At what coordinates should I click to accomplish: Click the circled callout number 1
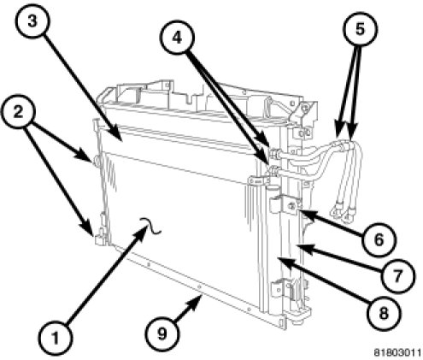click(x=56, y=339)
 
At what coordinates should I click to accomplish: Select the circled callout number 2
click(x=18, y=112)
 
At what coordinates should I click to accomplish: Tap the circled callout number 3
click(x=32, y=21)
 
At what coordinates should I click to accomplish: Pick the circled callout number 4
click(x=177, y=38)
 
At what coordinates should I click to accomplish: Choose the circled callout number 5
click(x=360, y=28)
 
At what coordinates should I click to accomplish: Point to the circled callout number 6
click(x=379, y=239)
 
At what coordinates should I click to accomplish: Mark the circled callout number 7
click(x=397, y=275)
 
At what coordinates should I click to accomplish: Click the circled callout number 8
click(x=384, y=313)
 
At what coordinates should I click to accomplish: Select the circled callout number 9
click(x=162, y=333)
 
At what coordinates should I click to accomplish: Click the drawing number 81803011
click(x=397, y=352)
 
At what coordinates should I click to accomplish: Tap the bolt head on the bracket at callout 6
click(x=291, y=205)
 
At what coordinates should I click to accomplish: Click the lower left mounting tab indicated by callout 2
click(x=99, y=238)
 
